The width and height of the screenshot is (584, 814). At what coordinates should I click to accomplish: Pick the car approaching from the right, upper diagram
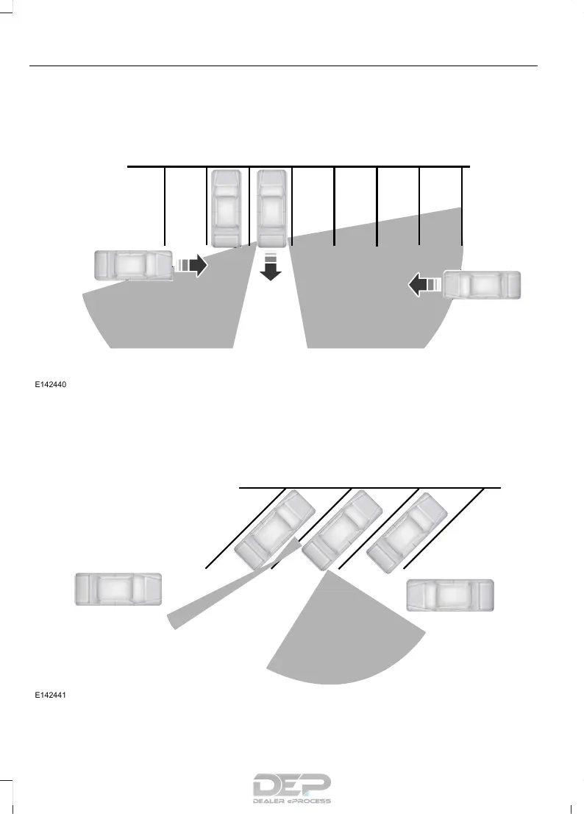(482, 285)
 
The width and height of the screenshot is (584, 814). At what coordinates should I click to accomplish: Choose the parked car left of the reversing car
(226, 208)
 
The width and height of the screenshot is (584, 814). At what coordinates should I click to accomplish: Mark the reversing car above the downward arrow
(271, 208)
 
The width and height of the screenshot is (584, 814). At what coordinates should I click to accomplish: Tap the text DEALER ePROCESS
(292, 801)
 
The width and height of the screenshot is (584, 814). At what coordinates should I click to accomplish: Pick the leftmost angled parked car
(274, 528)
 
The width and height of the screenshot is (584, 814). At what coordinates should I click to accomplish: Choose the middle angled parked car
(341, 530)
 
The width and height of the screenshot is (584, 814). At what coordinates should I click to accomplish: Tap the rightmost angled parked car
(406, 531)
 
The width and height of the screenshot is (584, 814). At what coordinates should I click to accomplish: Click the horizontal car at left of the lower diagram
(118, 590)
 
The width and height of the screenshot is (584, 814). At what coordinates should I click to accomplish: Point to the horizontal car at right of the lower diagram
(450, 595)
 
